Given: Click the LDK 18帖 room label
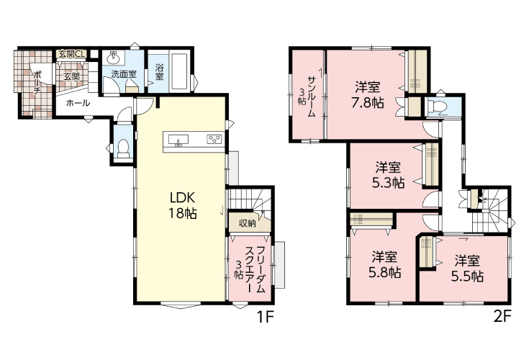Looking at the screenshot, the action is click(183, 205).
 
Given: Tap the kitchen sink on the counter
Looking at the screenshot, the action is click(178, 140).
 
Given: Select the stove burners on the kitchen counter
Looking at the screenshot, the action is click(214, 138).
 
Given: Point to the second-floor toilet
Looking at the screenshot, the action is click(437, 107).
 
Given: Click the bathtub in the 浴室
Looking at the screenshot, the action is click(179, 71).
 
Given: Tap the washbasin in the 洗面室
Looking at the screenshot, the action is click(113, 59).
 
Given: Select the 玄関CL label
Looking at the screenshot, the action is click(72, 54).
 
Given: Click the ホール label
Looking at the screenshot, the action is click(78, 102).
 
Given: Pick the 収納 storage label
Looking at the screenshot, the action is click(248, 223).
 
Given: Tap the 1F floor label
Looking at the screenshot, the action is click(265, 317).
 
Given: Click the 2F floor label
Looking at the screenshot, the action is click(502, 317).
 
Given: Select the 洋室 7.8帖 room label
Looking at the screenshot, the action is click(367, 95).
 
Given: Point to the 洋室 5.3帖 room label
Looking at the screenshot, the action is click(389, 175).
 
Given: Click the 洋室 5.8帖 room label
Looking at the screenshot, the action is click(384, 264).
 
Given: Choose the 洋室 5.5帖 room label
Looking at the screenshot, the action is click(467, 269).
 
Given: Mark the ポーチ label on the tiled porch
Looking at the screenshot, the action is click(37, 83).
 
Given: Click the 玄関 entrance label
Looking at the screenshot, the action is click(71, 76).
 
